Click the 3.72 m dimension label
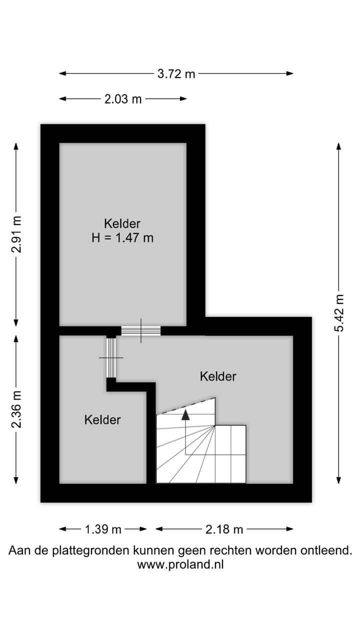[x=176, y=74]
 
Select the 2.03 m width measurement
[x=123, y=99]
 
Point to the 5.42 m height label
[x=339, y=312]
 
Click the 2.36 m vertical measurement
[x=16, y=409]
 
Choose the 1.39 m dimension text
[x=102, y=529]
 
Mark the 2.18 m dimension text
[x=224, y=529]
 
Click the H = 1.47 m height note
[x=122, y=238]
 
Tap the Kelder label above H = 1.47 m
[x=122, y=223]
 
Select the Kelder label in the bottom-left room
[x=102, y=419]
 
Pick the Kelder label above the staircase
[x=218, y=376]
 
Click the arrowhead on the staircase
[x=185, y=414]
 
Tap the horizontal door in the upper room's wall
[x=140, y=330]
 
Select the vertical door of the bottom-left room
[x=111, y=357]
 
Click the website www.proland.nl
[x=180, y=564]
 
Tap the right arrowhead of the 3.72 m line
[x=289, y=74]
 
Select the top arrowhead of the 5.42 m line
[x=339, y=146]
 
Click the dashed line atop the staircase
[x=185, y=405]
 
